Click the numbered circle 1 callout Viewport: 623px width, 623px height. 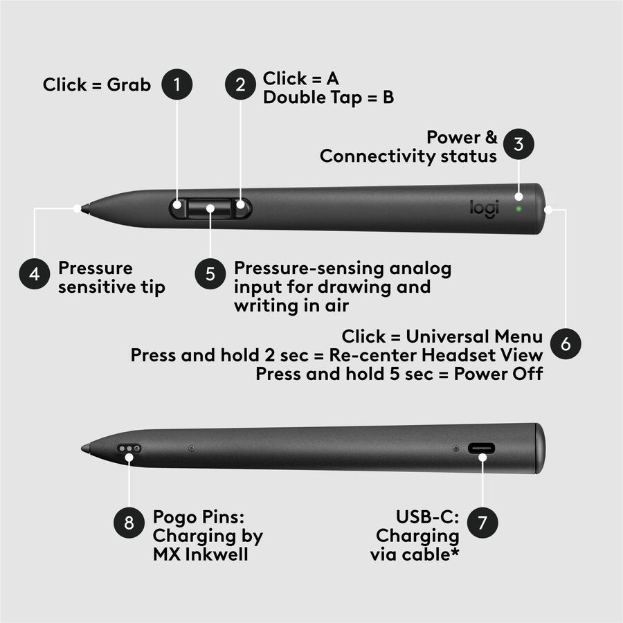(x=177, y=84)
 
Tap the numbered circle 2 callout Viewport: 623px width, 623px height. (x=240, y=84)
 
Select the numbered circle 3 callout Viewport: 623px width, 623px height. (x=518, y=144)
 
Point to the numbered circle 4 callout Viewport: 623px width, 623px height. (x=35, y=273)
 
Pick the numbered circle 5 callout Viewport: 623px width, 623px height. (x=210, y=273)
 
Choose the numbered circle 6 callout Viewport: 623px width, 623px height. (x=566, y=343)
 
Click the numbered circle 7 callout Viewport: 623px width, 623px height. (x=482, y=523)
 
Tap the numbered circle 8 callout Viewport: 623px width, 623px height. (x=129, y=523)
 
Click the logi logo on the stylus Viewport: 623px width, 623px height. (x=484, y=208)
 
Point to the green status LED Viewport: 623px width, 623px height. (x=518, y=208)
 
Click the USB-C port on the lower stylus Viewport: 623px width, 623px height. (x=482, y=449)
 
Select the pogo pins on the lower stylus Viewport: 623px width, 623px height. (x=129, y=449)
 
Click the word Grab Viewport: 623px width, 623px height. (x=129, y=85)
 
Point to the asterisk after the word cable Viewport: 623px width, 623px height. (x=455, y=551)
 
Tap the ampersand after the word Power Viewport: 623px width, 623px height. (x=491, y=137)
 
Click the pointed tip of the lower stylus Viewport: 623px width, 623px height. (x=82, y=449)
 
